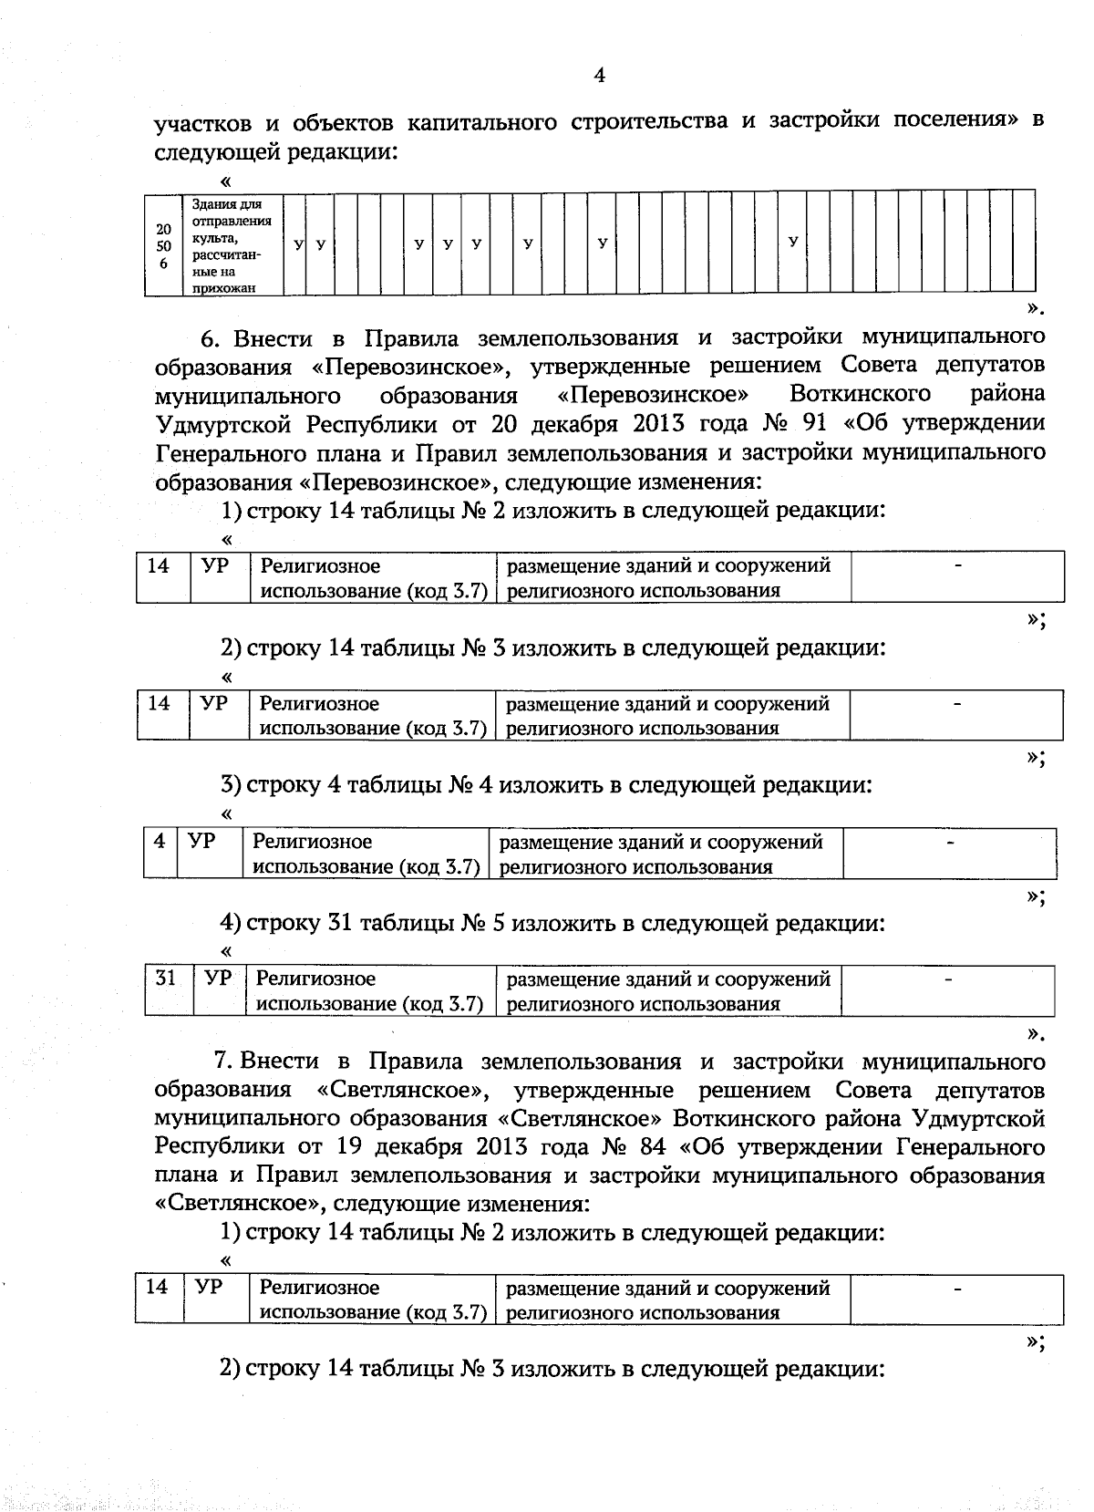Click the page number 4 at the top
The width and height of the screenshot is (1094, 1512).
click(x=599, y=76)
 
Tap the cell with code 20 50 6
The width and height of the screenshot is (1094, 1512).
click(x=164, y=246)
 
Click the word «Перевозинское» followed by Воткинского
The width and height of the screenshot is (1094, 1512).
click(x=653, y=395)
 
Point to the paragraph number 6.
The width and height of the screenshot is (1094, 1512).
click(x=209, y=338)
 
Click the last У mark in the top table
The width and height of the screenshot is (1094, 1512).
click(x=793, y=242)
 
